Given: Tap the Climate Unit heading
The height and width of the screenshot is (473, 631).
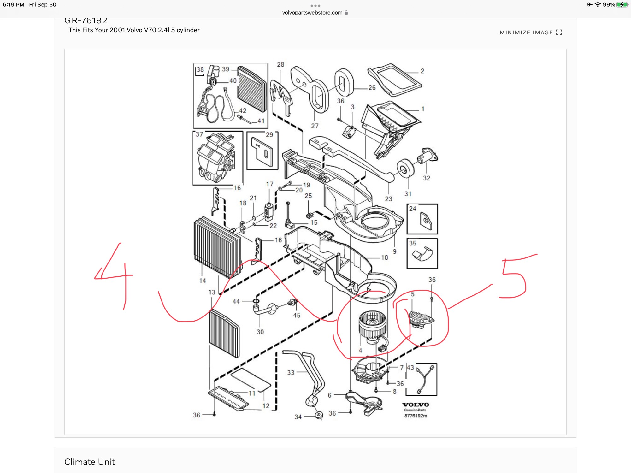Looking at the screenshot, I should (x=90, y=462).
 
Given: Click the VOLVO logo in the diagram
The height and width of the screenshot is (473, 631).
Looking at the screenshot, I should (x=416, y=405).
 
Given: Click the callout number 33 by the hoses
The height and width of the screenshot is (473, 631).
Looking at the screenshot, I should (x=291, y=373).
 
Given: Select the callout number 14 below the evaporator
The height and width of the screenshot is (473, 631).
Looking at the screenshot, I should (x=203, y=281).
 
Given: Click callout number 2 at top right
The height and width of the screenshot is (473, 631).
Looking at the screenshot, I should (x=422, y=71).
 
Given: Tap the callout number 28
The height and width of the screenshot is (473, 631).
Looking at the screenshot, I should (x=280, y=65).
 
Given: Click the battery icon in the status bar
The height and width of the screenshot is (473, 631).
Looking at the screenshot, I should (x=622, y=5).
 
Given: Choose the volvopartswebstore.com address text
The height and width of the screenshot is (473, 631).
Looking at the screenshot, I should (x=312, y=13).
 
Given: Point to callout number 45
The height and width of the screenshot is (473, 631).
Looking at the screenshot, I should (x=297, y=315).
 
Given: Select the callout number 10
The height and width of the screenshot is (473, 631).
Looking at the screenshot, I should (x=385, y=257).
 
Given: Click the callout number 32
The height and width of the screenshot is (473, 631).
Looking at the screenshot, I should (x=427, y=178).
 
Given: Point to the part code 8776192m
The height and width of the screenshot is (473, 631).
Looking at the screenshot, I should (x=416, y=416).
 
